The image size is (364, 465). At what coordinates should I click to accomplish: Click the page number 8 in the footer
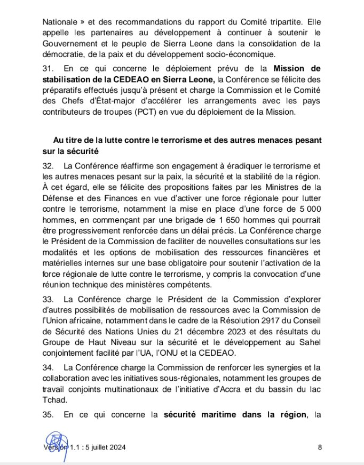(x=320, y=447)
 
